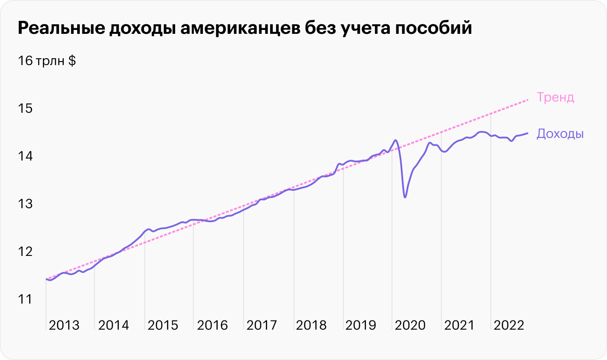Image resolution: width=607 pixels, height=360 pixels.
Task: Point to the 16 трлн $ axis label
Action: tap(47, 61)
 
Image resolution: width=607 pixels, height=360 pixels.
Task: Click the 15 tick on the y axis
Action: tap(25, 108)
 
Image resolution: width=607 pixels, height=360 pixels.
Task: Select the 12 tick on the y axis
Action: tap(25, 251)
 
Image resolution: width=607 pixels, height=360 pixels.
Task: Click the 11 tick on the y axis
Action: tap(25, 299)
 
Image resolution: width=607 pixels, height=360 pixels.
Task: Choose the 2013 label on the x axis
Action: tap(64, 325)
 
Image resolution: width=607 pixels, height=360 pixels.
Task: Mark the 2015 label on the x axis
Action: tap(163, 325)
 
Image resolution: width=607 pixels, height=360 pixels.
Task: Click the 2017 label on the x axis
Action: tap(262, 325)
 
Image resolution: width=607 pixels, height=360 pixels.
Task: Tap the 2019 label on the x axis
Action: tap(361, 325)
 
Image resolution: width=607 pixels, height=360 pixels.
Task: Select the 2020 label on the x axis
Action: tap(410, 325)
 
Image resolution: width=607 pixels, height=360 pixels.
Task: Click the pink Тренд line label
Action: tap(555, 97)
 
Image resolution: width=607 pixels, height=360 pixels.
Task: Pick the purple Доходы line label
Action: tap(560, 134)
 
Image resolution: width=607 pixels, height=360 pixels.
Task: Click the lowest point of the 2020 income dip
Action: tap(405, 197)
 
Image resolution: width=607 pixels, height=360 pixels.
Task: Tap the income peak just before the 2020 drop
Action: tap(395, 140)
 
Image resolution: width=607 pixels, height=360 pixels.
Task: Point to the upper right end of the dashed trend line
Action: tap(527, 100)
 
